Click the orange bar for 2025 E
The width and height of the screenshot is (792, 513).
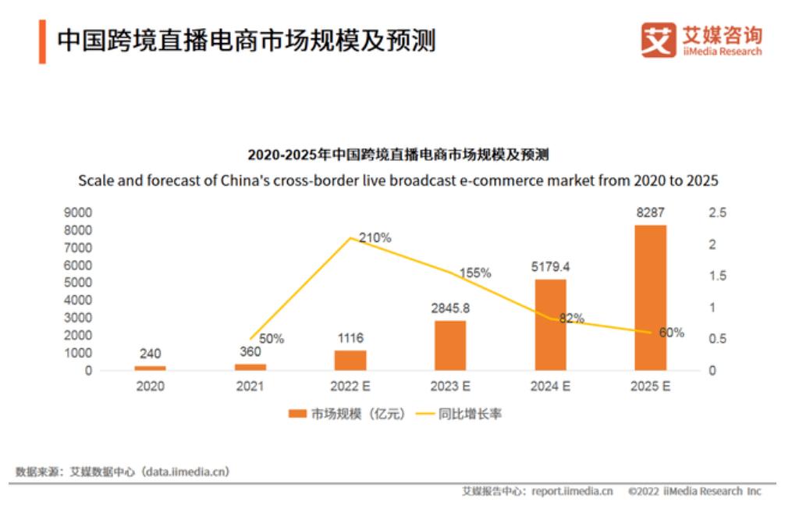click(650, 297)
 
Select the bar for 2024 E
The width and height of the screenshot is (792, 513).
click(550, 324)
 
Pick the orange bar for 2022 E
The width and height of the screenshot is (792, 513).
click(350, 359)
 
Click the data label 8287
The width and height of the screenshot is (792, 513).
click(650, 212)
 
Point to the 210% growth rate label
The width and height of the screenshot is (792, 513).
click(375, 237)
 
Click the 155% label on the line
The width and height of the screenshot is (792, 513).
click(474, 273)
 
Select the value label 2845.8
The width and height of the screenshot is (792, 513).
click(450, 308)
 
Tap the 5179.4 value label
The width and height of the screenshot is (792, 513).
click(550, 267)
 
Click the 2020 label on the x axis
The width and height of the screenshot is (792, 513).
click(151, 386)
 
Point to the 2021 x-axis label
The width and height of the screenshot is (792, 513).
click(250, 386)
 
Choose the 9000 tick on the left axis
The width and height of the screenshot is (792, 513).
click(80, 212)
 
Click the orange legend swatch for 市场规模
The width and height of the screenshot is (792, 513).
click(297, 414)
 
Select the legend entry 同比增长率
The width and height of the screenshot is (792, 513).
click(476, 414)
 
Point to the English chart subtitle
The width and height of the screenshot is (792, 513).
click(398, 180)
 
